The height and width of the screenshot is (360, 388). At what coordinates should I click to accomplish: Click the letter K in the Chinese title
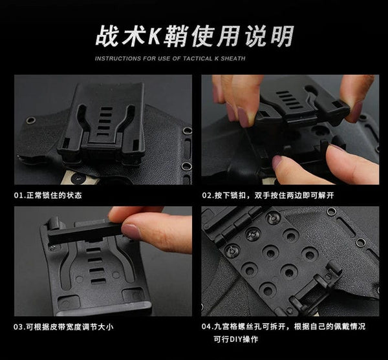click(154, 36)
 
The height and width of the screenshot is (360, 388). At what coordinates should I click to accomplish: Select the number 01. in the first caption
click(19, 196)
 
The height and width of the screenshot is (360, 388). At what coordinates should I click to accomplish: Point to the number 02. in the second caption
click(208, 196)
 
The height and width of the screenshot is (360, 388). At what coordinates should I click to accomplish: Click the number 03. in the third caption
click(19, 327)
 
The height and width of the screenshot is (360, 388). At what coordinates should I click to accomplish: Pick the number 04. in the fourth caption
click(208, 326)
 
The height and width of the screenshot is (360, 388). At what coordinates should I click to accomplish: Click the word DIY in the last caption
click(236, 339)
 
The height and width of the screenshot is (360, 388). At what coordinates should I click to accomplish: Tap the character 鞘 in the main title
click(175, 36)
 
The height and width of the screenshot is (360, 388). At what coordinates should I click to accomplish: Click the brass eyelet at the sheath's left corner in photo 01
click(31, 121)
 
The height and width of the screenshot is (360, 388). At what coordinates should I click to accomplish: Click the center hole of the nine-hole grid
click(270, 253)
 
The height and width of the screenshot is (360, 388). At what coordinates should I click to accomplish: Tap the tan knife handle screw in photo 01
click(78, 178)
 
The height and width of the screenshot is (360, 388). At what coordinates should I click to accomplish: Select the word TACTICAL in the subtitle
click(198, 59)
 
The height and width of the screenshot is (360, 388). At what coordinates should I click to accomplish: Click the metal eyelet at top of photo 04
click(331, 211)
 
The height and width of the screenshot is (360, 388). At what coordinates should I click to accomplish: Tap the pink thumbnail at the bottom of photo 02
click(277, 162)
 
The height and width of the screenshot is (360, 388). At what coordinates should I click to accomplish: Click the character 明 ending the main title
click(283, 36)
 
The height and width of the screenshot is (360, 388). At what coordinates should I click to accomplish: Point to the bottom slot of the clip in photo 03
click(98, 281)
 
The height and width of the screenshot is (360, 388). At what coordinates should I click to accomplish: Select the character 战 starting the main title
click(107, 36)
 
